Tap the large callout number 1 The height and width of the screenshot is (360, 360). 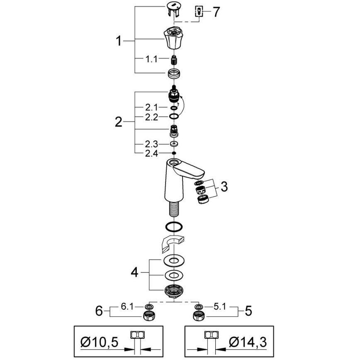[x=119, y=41]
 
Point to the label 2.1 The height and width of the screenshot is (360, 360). [x=151, y=107]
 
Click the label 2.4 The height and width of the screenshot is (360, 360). [x=151, y=154]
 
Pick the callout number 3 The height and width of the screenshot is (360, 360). [x=224, y=187]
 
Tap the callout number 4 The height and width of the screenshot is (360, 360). [x=134, y=272]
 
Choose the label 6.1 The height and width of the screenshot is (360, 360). [x=127, y=307]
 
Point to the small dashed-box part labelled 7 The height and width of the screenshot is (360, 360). [x=199, y=11]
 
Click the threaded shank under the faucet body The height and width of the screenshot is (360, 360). [x=173, y=209]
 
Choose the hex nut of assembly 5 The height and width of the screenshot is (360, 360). [x=198, y=316]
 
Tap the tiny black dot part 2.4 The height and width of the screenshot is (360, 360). [x=173, y=154]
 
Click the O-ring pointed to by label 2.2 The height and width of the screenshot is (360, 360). [x=174, y=117]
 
